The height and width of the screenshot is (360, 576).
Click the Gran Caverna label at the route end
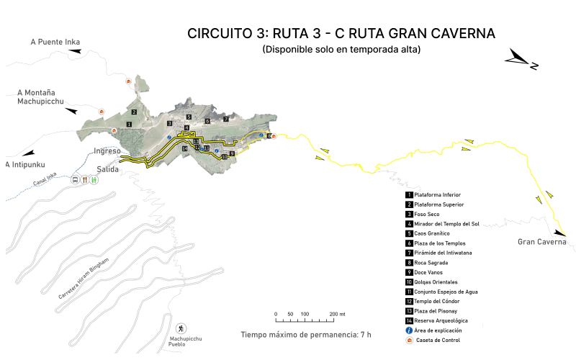tap(541, 242)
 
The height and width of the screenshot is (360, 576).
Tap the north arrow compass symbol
tap(522, 60)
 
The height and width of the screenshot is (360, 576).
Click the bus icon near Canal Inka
tap(75, 181)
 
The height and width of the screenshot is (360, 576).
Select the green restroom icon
tap(93, 181)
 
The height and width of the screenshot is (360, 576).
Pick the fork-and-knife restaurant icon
tap(84, 181)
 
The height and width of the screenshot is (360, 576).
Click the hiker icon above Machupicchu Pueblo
tap(181, 328)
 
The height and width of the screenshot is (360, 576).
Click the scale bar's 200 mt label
tap(337, 315)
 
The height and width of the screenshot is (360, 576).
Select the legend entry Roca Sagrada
tap(431, 263)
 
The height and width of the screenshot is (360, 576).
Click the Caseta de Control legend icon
tap(409, 340)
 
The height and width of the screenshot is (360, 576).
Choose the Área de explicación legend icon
tap(409, 330)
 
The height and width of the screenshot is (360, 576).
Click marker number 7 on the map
tap(225, 119)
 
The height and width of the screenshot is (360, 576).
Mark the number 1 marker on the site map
tap(128, 125)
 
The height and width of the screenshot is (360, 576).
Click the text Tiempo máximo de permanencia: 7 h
tap(306, 335)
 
